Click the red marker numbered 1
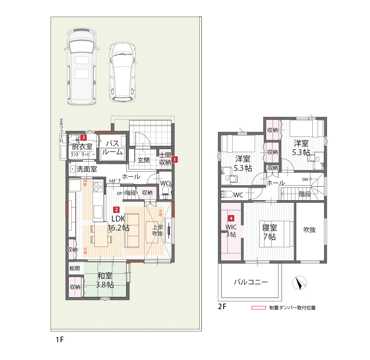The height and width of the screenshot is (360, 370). coord(175,160)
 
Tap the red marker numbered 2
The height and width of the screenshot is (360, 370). coord(116,210)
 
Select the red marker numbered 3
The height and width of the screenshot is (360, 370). coord(83,137)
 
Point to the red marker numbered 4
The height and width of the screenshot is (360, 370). coord(231,218)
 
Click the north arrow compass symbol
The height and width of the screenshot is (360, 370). coord(299,283)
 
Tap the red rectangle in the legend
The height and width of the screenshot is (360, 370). coord(259,308)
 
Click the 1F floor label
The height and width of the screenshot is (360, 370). coord(59,340)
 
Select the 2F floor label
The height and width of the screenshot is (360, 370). coord(222,307)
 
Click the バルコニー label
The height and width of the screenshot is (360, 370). coord(251,282)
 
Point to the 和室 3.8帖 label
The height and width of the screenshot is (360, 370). coord(105,280)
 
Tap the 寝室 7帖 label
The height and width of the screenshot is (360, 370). coord(269,232)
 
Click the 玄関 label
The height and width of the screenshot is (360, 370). coord(144,160)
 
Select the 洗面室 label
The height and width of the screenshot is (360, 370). coord(87,169)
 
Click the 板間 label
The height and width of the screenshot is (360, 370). coord(75,269)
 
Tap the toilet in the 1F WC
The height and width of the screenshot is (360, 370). coord(166,190)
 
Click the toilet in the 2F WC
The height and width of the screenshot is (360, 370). coord(227,194)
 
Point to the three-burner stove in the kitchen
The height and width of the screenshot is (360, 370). coord(98,186)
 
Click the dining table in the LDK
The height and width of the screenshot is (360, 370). coord(101,236)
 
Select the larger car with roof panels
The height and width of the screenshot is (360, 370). coord(82,67)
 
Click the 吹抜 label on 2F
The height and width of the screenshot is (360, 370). coord(309,230)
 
